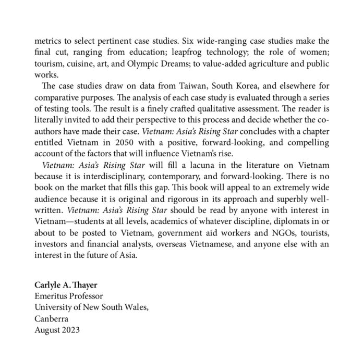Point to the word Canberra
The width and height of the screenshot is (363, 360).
(x=51, y=318)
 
